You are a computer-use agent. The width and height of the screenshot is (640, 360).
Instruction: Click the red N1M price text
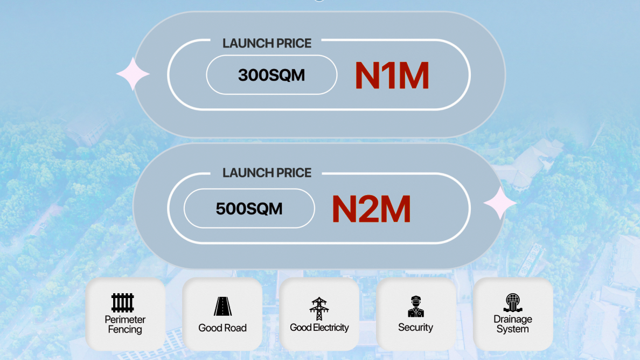[392, 75]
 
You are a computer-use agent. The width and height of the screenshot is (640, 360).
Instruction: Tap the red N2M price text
[371, 209]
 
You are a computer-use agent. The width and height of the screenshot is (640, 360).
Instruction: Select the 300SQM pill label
[272, 75]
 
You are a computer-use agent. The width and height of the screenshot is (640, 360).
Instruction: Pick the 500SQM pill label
[249, 209]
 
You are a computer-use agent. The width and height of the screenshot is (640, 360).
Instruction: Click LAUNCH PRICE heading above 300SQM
[267, 43]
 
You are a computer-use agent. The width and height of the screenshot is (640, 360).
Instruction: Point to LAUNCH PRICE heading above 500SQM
[267, 172]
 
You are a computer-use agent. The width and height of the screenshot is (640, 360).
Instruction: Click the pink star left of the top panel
[133, 74]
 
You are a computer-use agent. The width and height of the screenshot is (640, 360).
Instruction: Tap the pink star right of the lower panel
[500, 203]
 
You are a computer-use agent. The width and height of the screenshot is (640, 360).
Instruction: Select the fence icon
[123, 303]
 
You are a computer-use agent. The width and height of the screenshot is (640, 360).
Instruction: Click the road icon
[222, 306]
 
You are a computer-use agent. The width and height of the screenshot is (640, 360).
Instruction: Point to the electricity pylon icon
[319, 309]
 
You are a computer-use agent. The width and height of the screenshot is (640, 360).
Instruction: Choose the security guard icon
[415, 307]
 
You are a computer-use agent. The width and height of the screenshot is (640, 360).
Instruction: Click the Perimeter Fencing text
[125, 324]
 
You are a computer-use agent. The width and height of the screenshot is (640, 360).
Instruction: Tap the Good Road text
[222, 328]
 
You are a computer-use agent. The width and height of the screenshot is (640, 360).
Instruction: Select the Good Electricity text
[319, 327]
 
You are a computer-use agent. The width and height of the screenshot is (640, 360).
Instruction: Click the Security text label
[415, 327]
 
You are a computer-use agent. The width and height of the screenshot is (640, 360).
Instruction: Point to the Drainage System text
[513, 324]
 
